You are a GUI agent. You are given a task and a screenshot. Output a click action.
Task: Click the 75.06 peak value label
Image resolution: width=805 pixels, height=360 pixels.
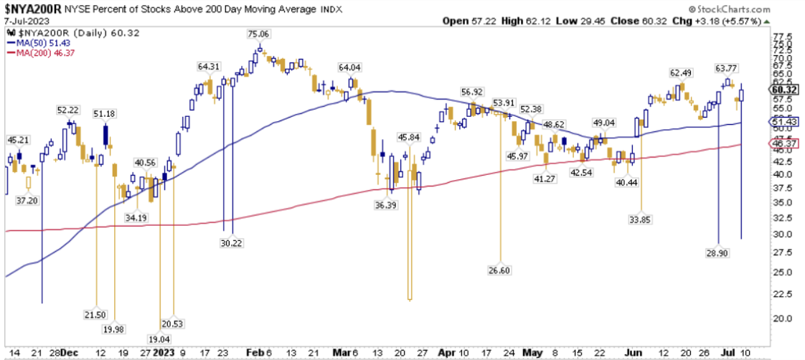(x=258, y=34)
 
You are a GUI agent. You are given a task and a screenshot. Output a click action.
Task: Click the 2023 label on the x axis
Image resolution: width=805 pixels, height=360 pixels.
(x=164, y=353)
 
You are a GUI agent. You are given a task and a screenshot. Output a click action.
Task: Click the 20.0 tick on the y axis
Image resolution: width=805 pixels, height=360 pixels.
(x=782, y=318)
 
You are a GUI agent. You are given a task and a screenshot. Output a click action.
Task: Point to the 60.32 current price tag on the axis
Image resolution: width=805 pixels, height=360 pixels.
(x=783, y=90)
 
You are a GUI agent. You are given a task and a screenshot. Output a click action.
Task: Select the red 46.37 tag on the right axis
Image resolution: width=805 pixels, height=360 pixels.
(x=783, y=144)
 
